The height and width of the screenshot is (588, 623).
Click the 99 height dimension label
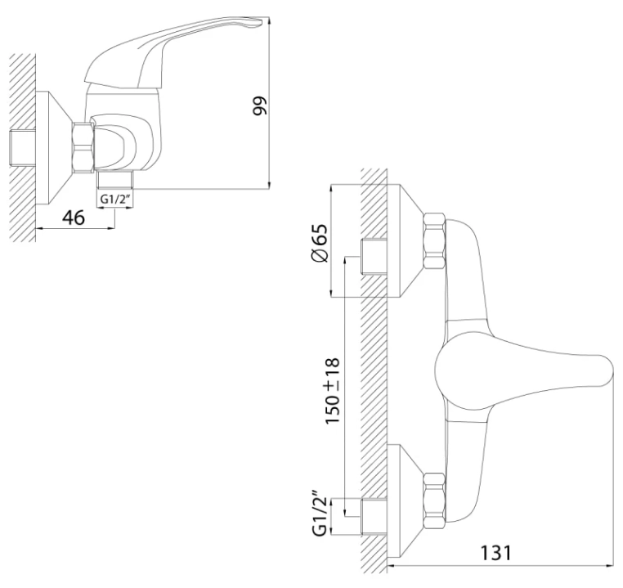pos(260,105)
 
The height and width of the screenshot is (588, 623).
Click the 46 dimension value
pos(74,218)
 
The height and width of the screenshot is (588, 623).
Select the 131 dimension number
pos(496,553)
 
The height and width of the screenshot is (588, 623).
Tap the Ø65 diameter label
pos(319,243)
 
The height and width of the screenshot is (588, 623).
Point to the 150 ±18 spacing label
pos(332,391)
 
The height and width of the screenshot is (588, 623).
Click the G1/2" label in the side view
pos(115,199)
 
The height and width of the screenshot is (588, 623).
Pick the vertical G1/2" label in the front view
pos(320,516)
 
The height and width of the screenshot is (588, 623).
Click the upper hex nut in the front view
pos(434,240)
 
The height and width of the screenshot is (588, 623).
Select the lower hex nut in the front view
pos(434,500)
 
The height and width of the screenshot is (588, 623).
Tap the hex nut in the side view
pos(83,147)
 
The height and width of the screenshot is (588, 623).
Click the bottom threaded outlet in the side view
pos(114,179)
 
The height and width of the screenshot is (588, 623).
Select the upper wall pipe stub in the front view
pos(374,256)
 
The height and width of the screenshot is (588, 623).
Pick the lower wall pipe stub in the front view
pos(374,516)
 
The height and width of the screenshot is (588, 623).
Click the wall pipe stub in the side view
pos(22,147)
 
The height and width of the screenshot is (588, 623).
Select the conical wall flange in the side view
pos(55,148)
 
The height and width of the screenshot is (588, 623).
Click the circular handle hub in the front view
pos(461,367)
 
